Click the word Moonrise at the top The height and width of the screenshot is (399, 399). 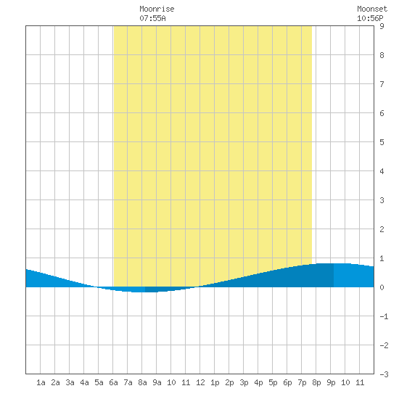[x=157, y=9]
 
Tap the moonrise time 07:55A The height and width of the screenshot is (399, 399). [x=152, y=18]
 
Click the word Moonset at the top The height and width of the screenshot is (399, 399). [x=372, y=9]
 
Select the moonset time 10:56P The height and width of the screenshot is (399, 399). [x=370, y=18]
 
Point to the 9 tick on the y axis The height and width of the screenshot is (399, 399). [x=382, y=26]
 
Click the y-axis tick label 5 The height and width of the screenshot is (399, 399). [x=382, y=142]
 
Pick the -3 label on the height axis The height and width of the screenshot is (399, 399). [x=384, y=374]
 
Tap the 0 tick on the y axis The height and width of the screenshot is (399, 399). [x=382, y=287]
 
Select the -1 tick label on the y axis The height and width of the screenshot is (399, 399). [x=384, y=316]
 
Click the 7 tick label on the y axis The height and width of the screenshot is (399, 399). [x=382, y=84]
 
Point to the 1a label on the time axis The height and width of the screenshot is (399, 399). [x=41, y=382]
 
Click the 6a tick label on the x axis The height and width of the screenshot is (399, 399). [x=113, y=382]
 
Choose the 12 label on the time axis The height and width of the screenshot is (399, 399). [x=200, y=382]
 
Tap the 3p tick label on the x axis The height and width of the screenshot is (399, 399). [x=244, y=382]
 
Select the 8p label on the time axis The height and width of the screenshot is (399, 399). [x=316, y=382]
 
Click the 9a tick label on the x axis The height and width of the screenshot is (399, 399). [x=157, y=382]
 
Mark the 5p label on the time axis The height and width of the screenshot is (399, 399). [x=273, y=382]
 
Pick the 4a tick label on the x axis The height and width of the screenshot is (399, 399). [x=84, y=382]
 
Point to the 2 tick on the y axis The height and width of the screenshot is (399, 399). [x=382, y=229]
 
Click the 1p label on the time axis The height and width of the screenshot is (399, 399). [x=215, y=382]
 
